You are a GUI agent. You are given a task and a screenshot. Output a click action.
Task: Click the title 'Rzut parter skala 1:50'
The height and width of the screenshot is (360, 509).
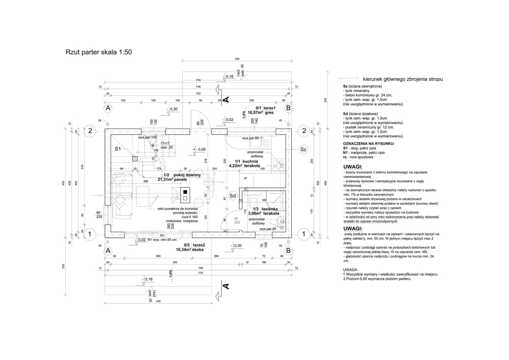point(99,53)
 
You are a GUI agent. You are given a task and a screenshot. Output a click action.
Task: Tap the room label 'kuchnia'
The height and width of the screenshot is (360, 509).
point(252,162)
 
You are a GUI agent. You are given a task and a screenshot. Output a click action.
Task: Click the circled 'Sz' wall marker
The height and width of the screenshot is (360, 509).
point(303,149)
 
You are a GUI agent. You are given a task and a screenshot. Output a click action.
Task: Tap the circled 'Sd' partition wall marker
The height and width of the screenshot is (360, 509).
point(232,196)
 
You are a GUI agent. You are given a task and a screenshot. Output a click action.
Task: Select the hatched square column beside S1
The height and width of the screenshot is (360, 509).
point(135,158)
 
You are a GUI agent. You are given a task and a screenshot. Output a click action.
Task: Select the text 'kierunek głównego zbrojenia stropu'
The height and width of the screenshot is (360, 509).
point(403,79)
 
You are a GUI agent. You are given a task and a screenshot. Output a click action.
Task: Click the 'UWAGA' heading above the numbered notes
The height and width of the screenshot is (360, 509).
point(351,270)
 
